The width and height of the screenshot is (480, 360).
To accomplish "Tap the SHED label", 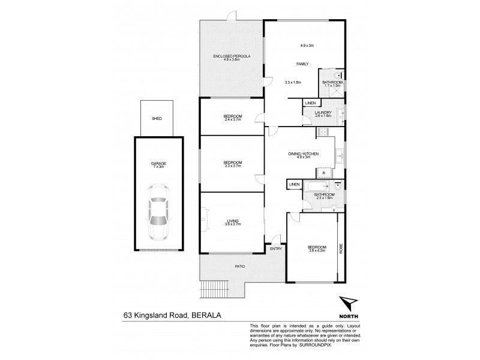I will (157, 119).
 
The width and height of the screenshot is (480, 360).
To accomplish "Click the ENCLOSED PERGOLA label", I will (232, 56).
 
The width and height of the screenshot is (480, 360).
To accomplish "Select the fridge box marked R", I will (323, 173).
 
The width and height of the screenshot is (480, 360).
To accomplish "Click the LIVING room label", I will (233, 221).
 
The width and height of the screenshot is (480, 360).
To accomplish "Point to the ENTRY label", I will (276, 249).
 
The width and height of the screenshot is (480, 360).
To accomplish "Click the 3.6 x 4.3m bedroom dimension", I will (317, 251).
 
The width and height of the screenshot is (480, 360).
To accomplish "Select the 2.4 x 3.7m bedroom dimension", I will (233, 119).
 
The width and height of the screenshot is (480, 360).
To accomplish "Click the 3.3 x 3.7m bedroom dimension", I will (233, 166).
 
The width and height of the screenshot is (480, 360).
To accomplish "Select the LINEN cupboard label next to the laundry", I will (310, 104).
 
